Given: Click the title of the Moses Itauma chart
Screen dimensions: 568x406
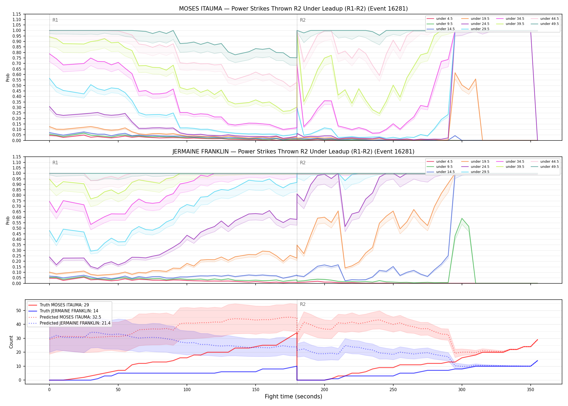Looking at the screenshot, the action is click(x=293, y=9).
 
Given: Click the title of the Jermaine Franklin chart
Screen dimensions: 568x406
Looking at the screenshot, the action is click(x=293, y=152).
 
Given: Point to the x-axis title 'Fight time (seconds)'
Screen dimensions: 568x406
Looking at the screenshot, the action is click(x=293, y=397).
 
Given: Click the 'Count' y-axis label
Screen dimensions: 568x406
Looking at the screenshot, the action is click(x=11, y=342).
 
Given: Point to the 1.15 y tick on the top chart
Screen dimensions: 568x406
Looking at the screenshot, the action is click(x=17, y=14).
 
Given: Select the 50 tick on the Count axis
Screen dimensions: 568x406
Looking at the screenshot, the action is click(x=19, y=311).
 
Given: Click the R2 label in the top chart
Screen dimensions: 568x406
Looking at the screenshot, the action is click(x=303, y=20).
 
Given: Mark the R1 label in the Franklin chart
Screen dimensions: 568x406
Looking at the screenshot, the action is click(x=55, y=163).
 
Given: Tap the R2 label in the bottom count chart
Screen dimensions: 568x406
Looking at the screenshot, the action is click(x=303, y=304).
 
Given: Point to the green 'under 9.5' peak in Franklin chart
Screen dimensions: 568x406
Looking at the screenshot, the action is click(x=462, y=218).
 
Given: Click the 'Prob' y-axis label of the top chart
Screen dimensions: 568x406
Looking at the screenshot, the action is click(x=8, y=78).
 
